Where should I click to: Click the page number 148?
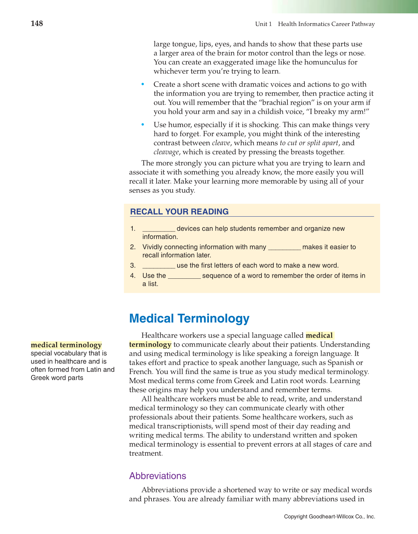(37, 24)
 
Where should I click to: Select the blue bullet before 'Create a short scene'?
(143, 84)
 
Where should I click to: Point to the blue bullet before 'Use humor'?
(143, 125)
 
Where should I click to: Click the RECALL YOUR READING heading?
(179, 212)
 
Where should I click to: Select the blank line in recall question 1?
(159, 229)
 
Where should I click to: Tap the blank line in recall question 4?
(184, 276)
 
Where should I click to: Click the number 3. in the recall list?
(133, 266)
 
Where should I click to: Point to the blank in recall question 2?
(284, 247)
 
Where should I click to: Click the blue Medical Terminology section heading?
(189, 318)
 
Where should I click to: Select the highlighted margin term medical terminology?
(66, 345)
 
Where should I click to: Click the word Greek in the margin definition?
(40, 378)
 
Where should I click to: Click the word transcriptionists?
(186, 426)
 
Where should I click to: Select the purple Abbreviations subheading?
(158, 476)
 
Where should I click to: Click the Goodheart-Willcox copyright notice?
(329, 517)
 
